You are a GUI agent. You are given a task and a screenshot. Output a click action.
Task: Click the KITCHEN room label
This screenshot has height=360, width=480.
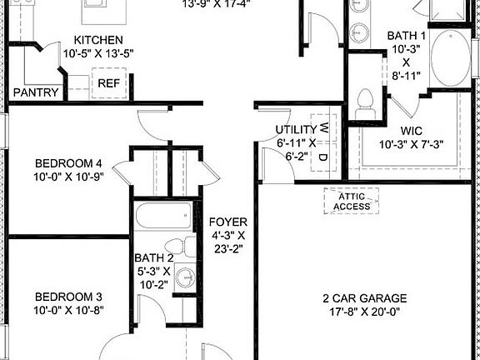pyautogui.click(x=98, y=40)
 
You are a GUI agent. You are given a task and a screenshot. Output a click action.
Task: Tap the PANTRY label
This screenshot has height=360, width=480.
pyautogui.click(x=35, y=92)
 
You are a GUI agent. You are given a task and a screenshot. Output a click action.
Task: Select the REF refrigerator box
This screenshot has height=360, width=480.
pyautogui.click(x=108, y=82)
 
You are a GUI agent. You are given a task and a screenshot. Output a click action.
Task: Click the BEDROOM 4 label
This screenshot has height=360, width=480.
pyautogui.click(x=68, y=163)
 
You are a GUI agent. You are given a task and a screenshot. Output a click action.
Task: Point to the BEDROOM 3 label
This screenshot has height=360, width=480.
pyautogui.click(x=68, y=297)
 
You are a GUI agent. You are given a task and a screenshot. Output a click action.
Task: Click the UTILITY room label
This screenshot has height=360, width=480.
pyautogui.click(x=296, y=130)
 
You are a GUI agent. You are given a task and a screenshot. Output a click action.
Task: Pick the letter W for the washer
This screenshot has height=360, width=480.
pyautogui.click(x=324, y=130)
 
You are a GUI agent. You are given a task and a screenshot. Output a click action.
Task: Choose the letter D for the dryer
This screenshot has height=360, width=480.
pyautogui.click(x=324, y=156)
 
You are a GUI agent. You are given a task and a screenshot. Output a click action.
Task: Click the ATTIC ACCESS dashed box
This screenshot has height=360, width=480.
pyautogui.click(x=351, y=201)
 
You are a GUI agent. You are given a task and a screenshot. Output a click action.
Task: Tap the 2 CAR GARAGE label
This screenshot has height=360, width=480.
pyautogui.click(x=365, y=298)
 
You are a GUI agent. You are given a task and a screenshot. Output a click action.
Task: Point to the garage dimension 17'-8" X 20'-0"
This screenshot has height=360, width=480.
pyautogui.click(x=365, y=313)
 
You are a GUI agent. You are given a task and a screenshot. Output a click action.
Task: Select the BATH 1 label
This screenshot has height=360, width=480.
pyautogui.click(x=407, y=36)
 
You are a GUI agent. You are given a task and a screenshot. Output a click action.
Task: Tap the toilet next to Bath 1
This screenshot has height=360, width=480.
pyautogui.click(x=362, y=103)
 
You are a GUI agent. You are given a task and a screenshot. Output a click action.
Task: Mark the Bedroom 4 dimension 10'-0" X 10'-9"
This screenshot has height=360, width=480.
pyautogui.click(x=68, y=177)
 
